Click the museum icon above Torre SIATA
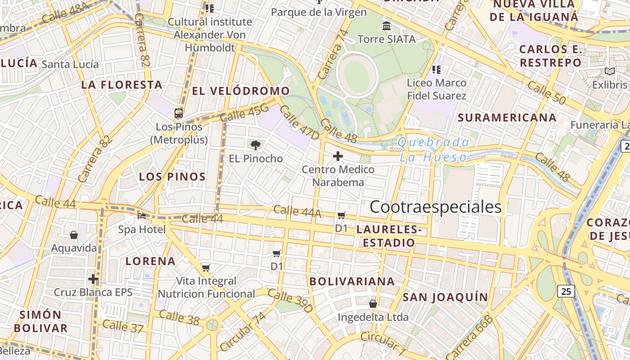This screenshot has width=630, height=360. (387, 26)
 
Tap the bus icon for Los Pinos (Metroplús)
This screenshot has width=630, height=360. (179, 113)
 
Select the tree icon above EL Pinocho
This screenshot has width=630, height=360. (256, 145)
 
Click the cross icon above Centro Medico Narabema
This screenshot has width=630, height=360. (338, 156)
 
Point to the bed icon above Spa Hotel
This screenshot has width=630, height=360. (142, 216)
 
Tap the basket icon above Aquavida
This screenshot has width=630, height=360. (74, 235)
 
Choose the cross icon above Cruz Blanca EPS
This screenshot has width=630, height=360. (93, 279)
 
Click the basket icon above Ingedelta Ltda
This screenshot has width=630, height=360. (373, 304)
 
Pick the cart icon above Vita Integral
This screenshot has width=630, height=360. (206, 268)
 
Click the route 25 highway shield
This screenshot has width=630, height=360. (566, 291)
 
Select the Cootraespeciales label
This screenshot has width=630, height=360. (435, 207)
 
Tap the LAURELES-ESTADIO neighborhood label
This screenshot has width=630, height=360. (389, 236)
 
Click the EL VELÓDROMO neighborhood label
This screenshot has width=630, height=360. (241, 91)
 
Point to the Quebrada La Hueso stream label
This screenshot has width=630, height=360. (433, 150)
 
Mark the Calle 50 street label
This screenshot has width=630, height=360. (546, 92)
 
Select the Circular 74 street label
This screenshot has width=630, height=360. (243, 331)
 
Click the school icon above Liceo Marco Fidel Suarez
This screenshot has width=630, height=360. (436, 69)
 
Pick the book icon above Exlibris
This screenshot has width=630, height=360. (610, 71)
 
